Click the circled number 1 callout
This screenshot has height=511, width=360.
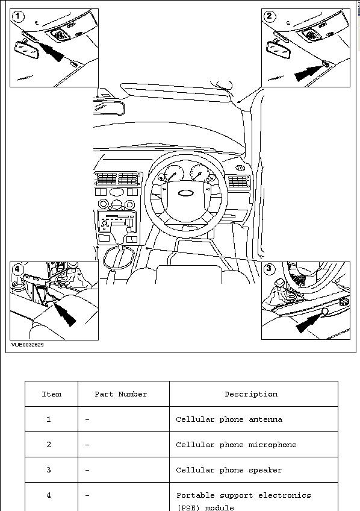click(18, 16)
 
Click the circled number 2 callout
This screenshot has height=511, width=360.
click(270, 16)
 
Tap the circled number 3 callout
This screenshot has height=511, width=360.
click(268, 269)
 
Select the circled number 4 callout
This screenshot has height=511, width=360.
click(17, 269)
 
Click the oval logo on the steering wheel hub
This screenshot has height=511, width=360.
click(186, 193)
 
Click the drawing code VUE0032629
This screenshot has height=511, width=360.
click(27, 345)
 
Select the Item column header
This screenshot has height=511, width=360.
click(51, 394)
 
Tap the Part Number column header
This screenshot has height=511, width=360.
click(121, 394)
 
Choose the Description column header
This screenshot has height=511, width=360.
click(251, 394)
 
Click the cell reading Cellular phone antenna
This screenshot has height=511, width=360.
click(229, 419)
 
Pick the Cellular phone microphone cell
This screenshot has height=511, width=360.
click(237, 445)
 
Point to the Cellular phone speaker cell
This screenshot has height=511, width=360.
click(229, 470)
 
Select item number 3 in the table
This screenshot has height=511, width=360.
click(49, 470)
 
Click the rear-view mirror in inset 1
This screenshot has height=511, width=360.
click(27, 50)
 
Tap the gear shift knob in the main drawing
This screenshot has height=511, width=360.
click(119, 229)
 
